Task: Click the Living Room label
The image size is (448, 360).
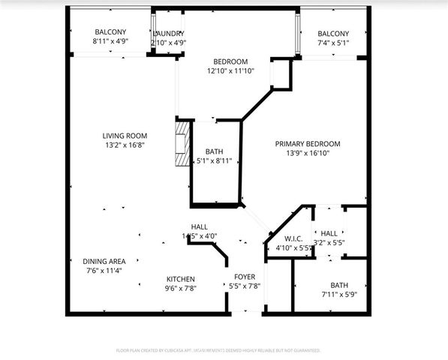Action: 124,136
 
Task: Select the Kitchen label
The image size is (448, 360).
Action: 180,278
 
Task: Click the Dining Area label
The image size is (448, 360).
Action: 104,261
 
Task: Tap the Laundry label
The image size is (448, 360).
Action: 168,34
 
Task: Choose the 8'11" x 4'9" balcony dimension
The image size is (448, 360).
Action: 110,43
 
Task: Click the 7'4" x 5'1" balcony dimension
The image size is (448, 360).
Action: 332,43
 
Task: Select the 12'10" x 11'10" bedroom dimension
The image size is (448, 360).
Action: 230,70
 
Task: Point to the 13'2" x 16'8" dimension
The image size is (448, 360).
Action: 124,145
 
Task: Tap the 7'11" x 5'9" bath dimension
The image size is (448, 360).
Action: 339,294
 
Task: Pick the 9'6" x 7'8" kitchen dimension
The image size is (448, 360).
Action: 180,287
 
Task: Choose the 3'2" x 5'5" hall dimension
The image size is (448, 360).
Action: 329,243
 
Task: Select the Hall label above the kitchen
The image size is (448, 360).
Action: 200,227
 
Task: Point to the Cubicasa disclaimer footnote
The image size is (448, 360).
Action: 218,350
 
